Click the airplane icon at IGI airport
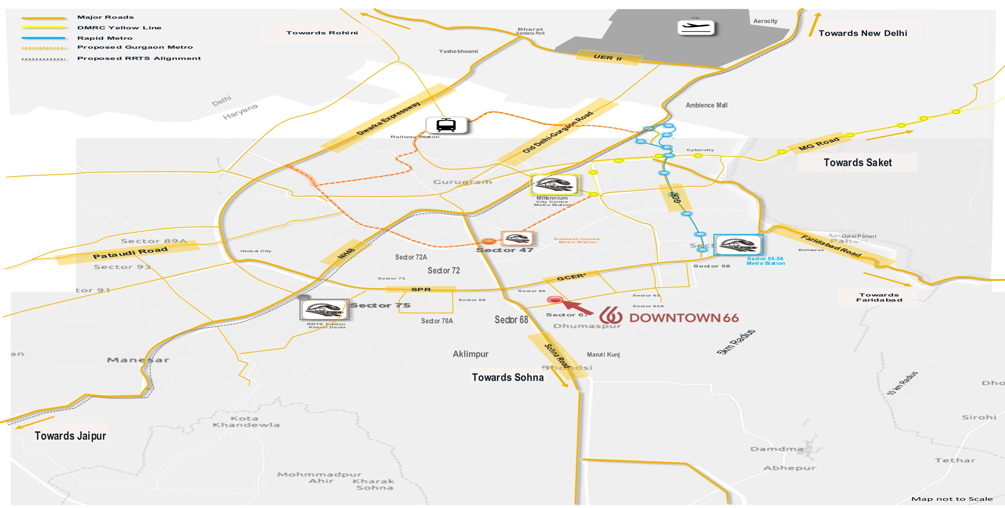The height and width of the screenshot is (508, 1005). click(696, 28)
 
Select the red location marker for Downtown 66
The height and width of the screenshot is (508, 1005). click(555, 299)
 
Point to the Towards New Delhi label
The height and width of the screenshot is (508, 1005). click(862, 33)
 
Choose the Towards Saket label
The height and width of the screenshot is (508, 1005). click(857, 162)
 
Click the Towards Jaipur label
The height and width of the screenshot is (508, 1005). click(70, 436)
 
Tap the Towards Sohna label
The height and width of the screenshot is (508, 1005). click(508, 377)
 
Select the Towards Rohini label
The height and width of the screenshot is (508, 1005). click(322, 33)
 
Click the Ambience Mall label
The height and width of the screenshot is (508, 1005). click(707, 105)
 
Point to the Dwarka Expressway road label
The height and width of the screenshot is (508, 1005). click(388, 118)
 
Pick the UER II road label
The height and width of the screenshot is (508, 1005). click(607, 57)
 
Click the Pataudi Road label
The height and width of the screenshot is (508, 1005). click(130, 253)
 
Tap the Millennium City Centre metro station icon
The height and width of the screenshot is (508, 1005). click(554, 184)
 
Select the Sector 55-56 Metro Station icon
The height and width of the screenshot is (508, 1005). click(738, 245)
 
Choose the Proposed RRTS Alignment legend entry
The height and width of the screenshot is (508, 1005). click(139, 59)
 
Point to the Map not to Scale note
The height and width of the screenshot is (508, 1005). click(952, 499)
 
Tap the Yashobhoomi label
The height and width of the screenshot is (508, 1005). click(458, 51)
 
